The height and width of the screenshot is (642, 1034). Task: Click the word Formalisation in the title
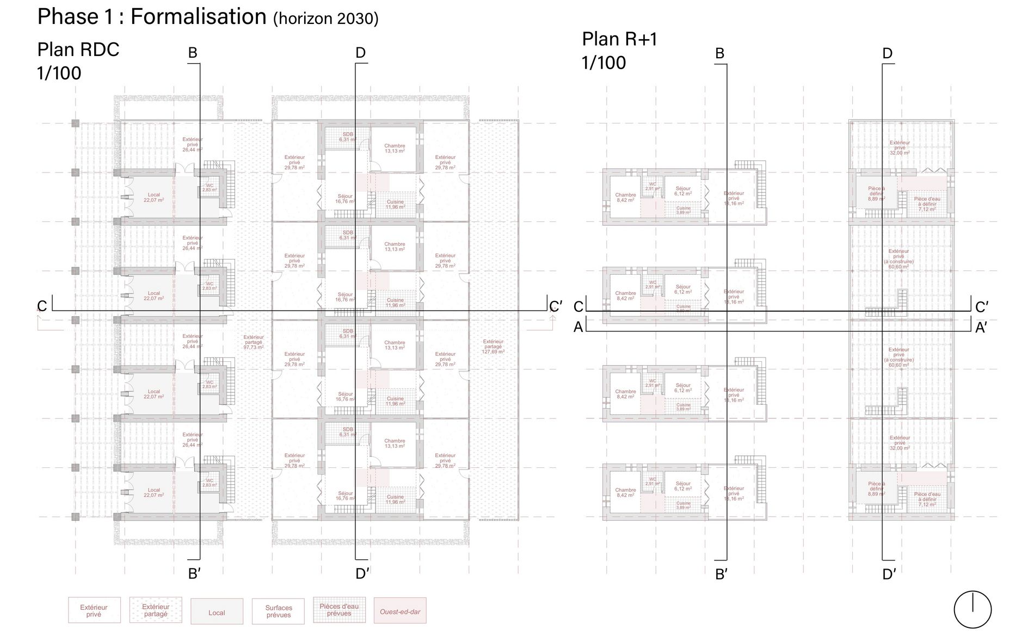[198, 17]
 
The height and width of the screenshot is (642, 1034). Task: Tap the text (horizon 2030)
[325, 19]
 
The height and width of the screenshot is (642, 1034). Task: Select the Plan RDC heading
[78, 50]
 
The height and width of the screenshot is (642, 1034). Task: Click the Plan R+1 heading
[620, 39]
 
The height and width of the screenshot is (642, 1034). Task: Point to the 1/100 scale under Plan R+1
[604, 63]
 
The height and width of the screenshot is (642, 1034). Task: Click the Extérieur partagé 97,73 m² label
[253, 342]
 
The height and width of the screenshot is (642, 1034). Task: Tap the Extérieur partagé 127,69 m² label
[493, 347]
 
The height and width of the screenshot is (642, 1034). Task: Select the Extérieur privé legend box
[94, 610]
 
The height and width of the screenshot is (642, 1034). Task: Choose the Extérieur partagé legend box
[156, 610]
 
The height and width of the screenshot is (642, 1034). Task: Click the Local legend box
[217, 613]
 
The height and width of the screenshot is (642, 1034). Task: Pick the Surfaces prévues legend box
[279, 612]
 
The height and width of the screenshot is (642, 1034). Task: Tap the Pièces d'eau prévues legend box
[339, 610]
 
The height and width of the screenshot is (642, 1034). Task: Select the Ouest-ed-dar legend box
[400, 612]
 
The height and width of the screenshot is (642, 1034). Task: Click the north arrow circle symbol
[973, 609]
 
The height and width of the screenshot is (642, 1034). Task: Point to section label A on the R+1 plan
[578, 328]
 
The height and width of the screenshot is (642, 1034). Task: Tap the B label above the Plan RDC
[193, 53]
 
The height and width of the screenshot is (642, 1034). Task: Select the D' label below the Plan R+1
[889, 575]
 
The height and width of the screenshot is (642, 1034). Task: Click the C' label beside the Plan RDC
[556, 307]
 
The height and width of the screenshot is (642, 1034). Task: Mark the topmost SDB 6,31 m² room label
[348, 137]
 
